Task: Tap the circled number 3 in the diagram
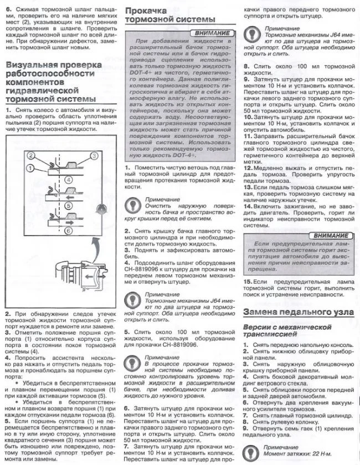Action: pos(94,156)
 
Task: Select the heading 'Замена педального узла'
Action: pos(298,313)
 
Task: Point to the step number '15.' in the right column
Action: pos(248,282)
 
